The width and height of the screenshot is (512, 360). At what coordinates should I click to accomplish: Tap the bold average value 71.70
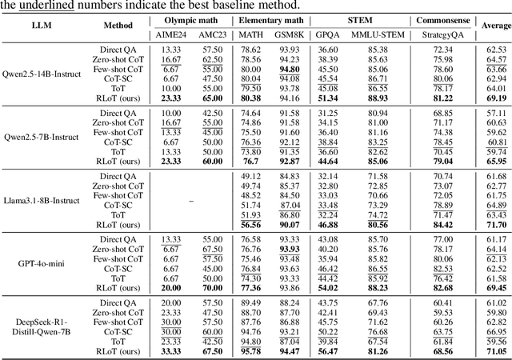pyautogui.click(x=496, y=225)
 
